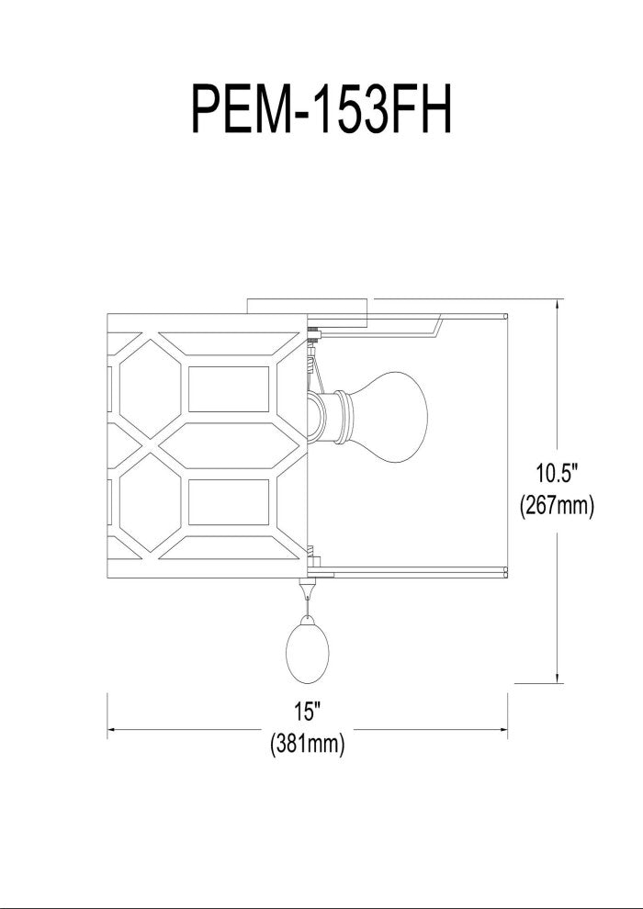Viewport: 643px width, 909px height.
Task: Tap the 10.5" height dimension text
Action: coord(558,474)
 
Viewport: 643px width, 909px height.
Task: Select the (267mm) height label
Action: coord(558,506)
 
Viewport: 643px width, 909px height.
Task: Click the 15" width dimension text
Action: coord(308,711)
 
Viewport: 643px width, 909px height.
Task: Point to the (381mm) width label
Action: coord(308,743)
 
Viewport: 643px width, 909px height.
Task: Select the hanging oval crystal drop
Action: coord(308,651)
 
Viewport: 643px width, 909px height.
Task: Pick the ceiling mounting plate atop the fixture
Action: coord(308,306)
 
